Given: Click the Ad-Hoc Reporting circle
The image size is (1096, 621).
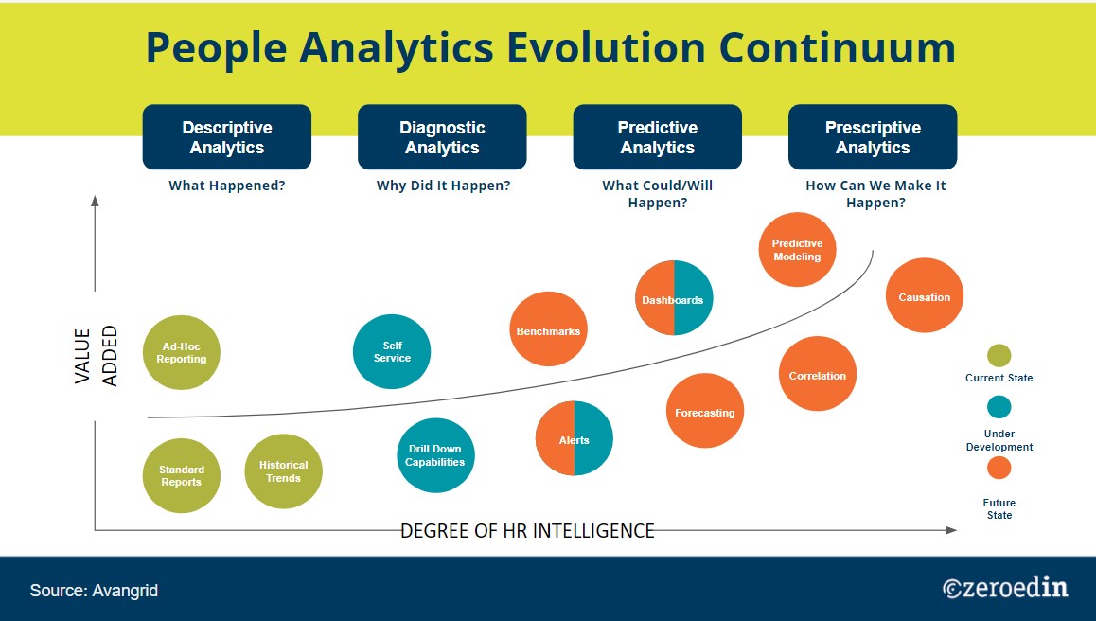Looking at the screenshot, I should (x=182, y=352).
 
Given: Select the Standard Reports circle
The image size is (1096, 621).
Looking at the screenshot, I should (x=182, y=474).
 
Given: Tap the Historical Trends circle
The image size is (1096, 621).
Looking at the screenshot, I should (x=284, y=470).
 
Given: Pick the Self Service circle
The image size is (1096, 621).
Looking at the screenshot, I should (x=392, y=352).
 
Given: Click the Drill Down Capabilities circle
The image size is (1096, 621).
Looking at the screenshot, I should (x=435, y=455).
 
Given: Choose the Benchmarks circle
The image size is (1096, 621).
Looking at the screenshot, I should (x=548, y=330).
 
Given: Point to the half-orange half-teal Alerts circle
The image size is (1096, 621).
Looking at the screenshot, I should (x=575, y=440).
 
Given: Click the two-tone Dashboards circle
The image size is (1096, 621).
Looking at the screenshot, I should (x=673, y=299).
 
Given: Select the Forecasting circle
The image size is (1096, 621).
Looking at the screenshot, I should (x=705, y=412).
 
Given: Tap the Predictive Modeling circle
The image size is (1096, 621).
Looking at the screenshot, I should (x=798, y=250).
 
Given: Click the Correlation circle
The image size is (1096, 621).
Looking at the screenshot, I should (x=818, y=375).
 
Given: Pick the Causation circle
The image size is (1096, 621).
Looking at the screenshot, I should (x=925, y=296).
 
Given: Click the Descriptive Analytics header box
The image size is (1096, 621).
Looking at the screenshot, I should (x=227, y=137).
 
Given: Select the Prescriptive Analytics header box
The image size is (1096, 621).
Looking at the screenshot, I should (x=873, y=137).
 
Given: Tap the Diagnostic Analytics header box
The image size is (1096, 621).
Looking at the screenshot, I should (x=442, y=137).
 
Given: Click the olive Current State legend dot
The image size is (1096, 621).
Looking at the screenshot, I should (x=999, y=356).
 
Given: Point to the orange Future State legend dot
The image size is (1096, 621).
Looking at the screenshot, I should (x=999, y=468).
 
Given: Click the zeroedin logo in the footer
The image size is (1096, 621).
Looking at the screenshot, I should (x=1005, y=588).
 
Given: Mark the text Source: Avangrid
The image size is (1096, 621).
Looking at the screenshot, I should (x=94, y=591).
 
